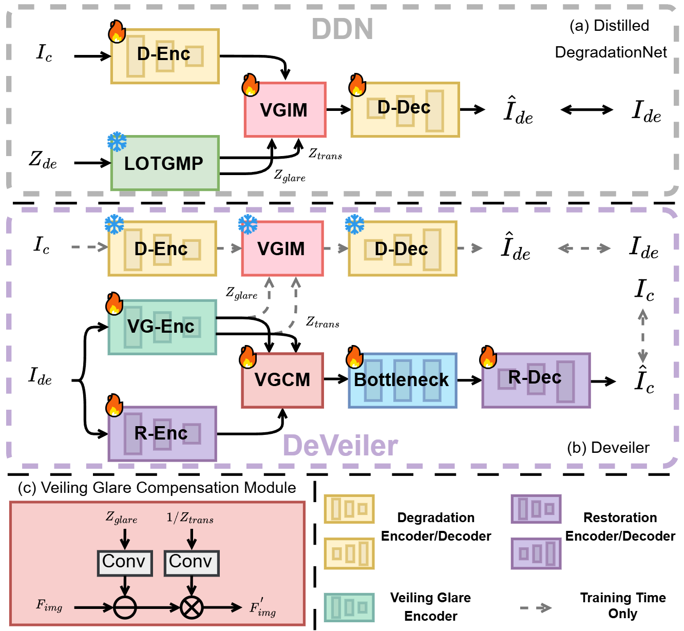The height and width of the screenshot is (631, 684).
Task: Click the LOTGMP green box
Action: tap(165, 163)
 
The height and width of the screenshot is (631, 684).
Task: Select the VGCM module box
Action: tap(282, 380)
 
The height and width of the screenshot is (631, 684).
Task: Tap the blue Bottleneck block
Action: tap(402, 380)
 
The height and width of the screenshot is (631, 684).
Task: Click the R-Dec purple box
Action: tap(536, 380)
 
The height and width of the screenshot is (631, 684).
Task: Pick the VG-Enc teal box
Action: tap(162, 327)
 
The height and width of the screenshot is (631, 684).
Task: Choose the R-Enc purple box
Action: tap(162, 434)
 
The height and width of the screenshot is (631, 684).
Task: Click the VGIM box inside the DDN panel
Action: tap(284, 110)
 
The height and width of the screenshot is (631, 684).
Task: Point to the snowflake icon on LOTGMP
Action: tap(117, 142)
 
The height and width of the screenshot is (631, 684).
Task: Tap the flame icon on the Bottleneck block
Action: tap(354, 357)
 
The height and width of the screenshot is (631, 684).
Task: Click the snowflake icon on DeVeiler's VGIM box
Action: tap(248, 224)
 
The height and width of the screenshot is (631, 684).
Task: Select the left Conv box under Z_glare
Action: tap(124, 563)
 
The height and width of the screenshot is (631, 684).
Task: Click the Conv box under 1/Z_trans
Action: tap(191, 563)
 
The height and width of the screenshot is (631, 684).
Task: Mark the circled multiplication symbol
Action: tap(192, 608)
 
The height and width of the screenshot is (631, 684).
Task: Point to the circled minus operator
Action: tap(124, 608)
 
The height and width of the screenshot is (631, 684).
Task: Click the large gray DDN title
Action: tap(342, 29)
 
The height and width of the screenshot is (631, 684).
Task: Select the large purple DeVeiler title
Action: tap(340, 445)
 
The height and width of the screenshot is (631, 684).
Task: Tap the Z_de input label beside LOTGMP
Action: tap(43, 160)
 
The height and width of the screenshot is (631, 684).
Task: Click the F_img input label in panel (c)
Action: tap(49, 606)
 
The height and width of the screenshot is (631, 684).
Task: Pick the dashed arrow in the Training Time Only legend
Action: tap(536, 608)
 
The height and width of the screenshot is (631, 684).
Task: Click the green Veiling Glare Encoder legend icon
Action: tap(349, 607)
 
